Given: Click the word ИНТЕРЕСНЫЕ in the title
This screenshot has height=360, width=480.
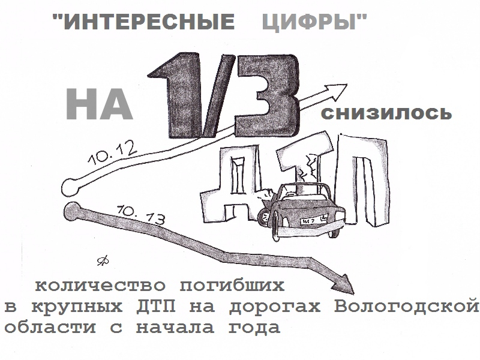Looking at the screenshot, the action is coord(149,22).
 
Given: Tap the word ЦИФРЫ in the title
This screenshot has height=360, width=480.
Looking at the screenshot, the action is coord(310,22).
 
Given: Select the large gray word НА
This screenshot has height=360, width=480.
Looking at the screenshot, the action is coord(99,104).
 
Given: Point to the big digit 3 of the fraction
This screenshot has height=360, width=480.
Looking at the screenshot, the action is coord(266,94).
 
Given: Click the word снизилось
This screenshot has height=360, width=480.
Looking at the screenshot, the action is coord(386,113).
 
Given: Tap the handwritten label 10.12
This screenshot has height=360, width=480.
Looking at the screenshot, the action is coord(112,154).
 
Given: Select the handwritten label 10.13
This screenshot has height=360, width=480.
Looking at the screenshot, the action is coord(141,215).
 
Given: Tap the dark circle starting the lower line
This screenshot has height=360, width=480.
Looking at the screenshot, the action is coord(73,211).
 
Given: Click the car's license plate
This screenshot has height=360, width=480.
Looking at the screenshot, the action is coord(314,220).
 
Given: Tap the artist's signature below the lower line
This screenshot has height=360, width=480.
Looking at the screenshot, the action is coord(103,260).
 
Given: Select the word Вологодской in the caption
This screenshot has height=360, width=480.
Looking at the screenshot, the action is coord(406,307).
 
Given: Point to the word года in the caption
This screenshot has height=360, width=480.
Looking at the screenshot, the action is coord(254,328).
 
